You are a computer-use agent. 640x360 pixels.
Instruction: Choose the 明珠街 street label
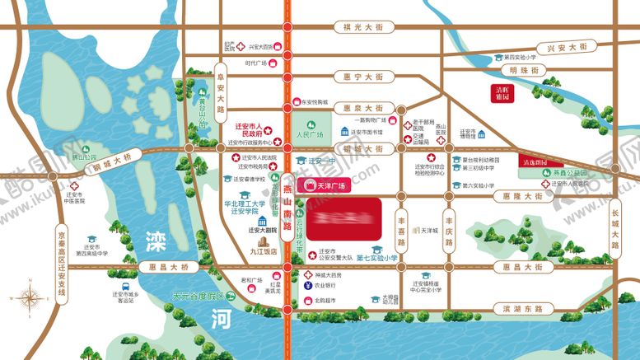point(524,71)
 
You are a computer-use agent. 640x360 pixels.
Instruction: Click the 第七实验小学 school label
point(377,259)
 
